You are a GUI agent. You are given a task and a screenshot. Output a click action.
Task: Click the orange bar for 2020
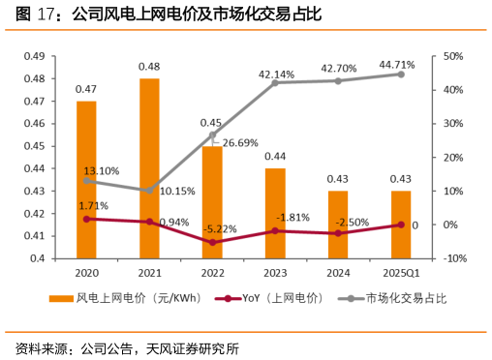pyautogui.click(x=86, y=179)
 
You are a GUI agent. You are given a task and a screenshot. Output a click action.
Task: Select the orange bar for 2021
pyautogui.click(x=149, y=168)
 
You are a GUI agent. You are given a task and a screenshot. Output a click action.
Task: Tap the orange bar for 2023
pyautogui.click(x=275, y=213)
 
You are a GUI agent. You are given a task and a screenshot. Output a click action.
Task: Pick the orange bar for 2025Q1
pyautogui.click(x=401, y=225)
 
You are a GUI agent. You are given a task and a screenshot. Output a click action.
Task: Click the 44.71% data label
pyautogui.click(x=397, y=65)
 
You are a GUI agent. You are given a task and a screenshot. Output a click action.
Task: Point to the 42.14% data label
pyautogui.click(x=276, y=74)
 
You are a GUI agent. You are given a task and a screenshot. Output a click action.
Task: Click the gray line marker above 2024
pyautogui.click(x=338, y=80)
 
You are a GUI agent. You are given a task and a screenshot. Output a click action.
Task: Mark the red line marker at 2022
pyautogui.click(x=212, y=242)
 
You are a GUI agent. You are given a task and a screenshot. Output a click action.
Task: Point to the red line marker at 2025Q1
pyautogui.click(x=401, y=225)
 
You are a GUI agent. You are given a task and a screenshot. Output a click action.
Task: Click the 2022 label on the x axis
pyautogui.click(x=212, y=274)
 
